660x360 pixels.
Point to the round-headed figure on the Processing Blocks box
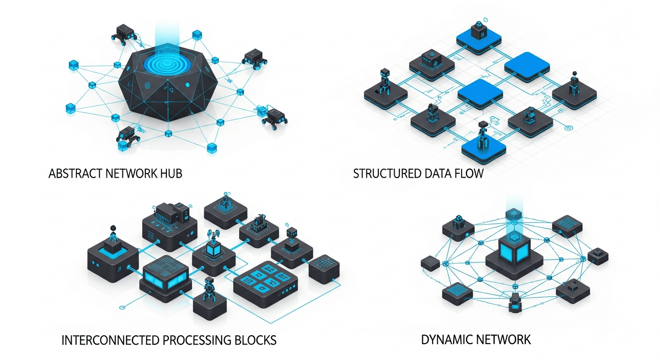(112, 233)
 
